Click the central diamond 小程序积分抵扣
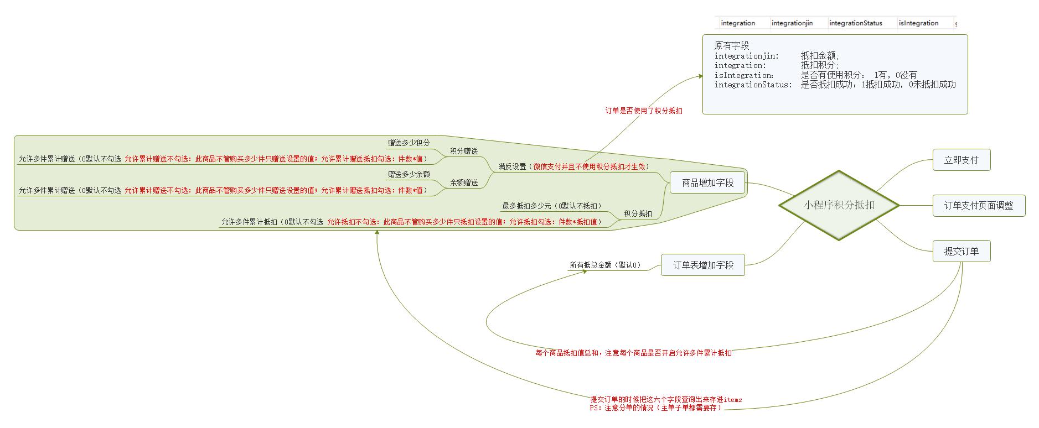click(839, 205)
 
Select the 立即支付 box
click(961, 160)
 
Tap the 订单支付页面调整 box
click(978, 206)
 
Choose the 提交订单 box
click(961, 252)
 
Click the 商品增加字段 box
click(707, 183)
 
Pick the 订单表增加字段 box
click(702, 265)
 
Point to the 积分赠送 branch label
click(464, 152)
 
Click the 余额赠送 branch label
click(464, 183)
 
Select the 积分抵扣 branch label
click(638, 214)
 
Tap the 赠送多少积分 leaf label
click(409, 143)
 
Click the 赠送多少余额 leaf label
click(409, 175)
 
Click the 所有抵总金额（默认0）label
click(605, 265)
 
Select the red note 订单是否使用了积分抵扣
click(643, 111)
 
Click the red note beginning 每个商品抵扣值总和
click(633, 353)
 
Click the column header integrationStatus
click(855, 23)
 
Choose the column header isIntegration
click(918, 23)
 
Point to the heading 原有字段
click(731, 46)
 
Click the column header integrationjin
click(792, 23)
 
